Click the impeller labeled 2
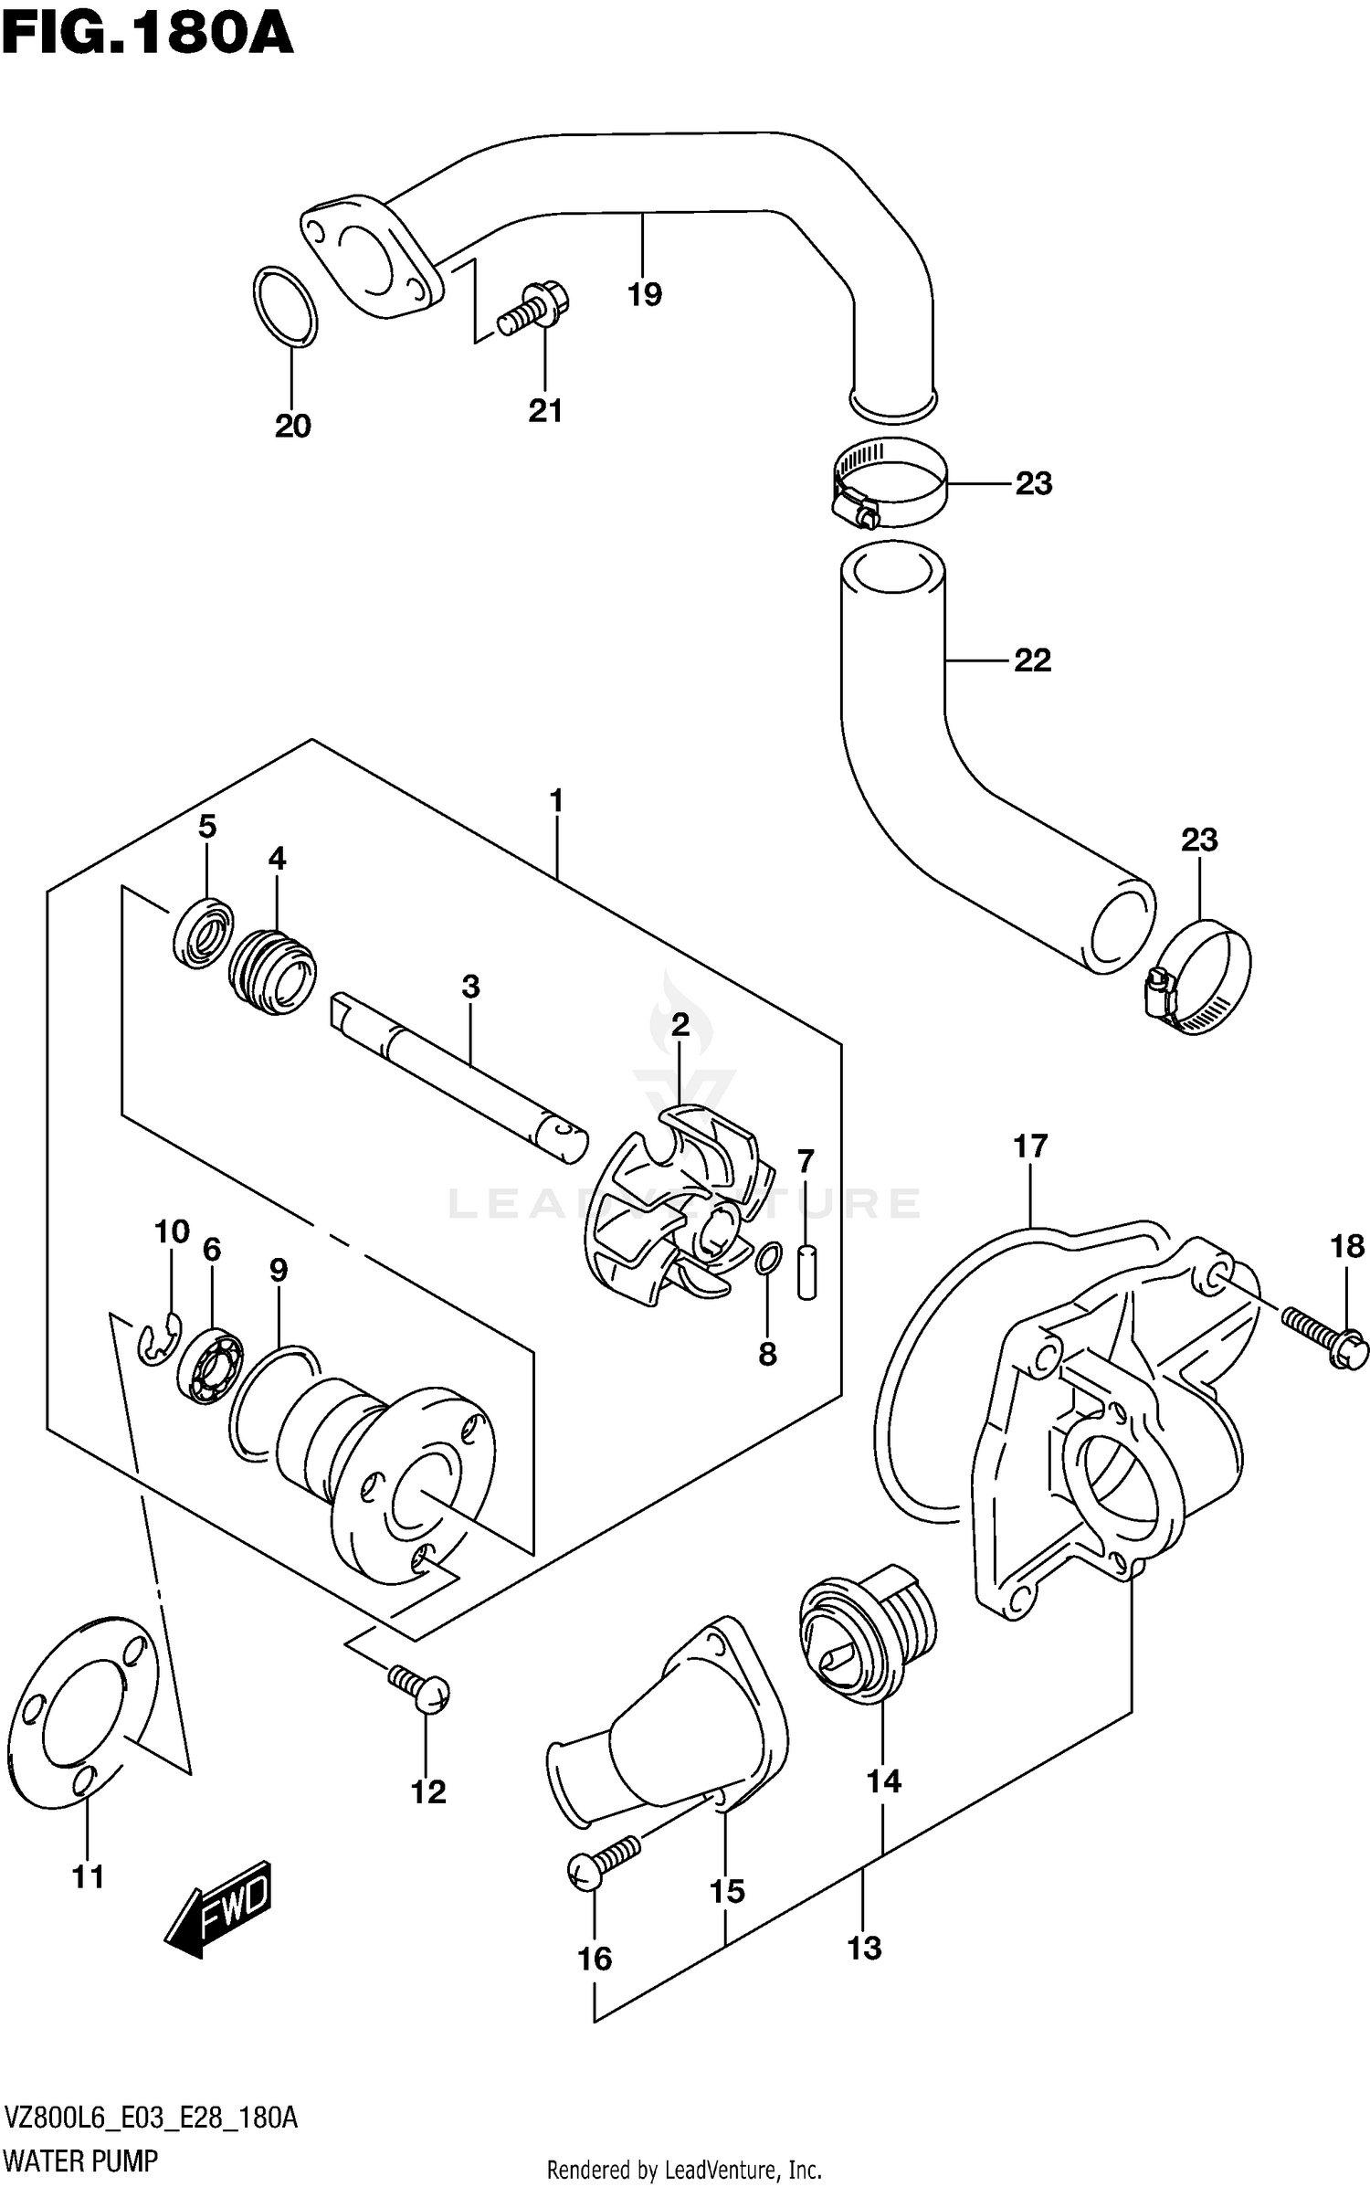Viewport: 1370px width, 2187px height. point(680,1201)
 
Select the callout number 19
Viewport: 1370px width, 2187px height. point(644,294)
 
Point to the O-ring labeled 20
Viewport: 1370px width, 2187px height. point(285,307)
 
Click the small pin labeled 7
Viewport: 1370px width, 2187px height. point(806,1269)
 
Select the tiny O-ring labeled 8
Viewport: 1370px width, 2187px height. point(768,1257)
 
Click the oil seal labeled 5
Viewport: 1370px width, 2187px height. point(203,932)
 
